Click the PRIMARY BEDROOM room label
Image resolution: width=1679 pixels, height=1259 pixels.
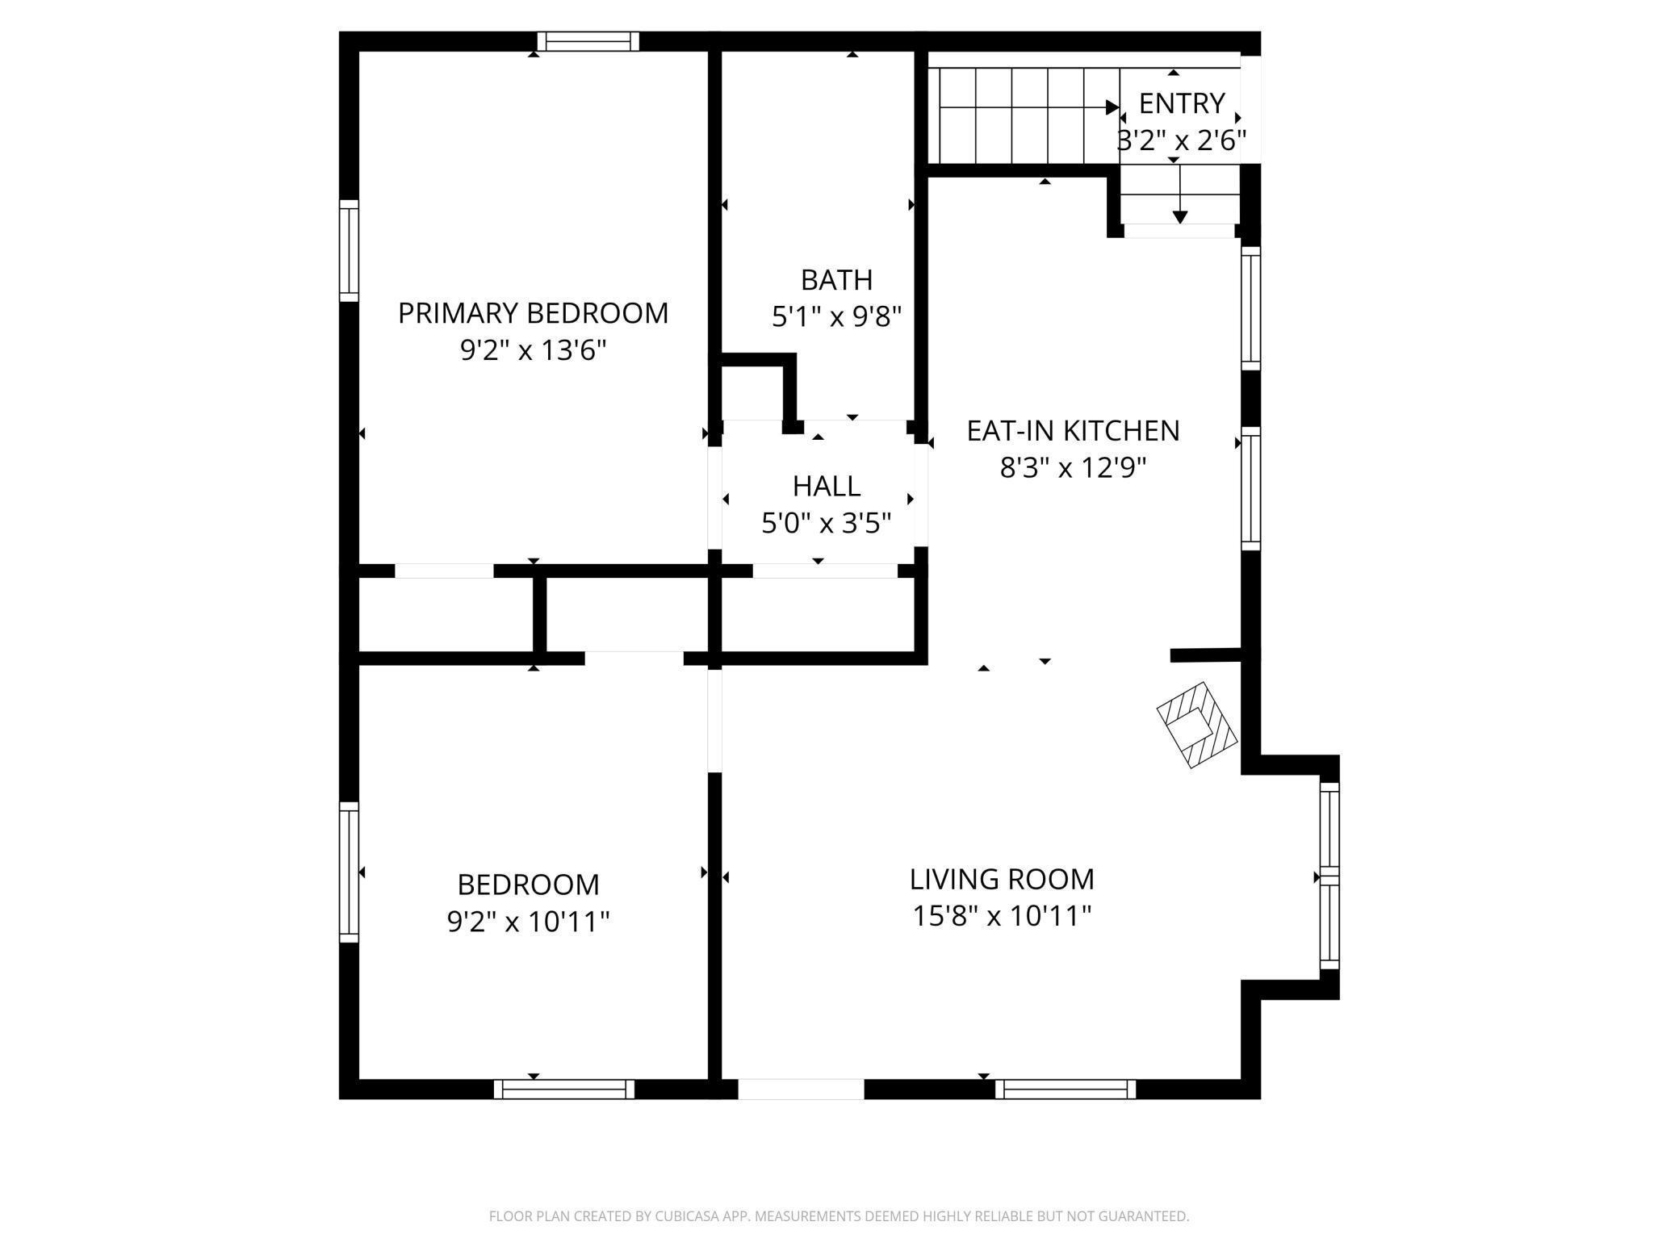(533, 313)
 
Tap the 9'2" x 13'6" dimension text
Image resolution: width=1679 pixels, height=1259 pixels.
(533, 350)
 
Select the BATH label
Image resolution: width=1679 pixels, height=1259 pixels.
(836, 280)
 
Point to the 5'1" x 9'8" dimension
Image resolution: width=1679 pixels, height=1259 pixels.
(836, 317)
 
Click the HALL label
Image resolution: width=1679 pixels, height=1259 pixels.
(826, 487)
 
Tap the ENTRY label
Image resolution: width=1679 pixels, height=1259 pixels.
(1182, 103)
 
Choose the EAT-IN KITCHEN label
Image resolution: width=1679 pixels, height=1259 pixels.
(1073, 431)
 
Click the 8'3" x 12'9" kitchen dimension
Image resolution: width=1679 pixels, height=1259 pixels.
(1073, 468)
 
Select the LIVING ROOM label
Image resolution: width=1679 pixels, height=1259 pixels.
(1002, 879)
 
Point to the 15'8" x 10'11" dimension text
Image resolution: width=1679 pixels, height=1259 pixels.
(1002, 916)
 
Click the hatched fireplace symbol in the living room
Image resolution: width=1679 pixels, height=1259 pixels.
(1196, 725)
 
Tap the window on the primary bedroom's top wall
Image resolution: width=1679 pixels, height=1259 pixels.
(588, 41)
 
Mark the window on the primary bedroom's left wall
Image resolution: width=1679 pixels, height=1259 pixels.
(349, 250)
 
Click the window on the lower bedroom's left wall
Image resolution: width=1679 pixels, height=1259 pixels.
(349, 872)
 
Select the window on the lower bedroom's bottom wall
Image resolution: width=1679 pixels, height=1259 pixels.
(564, 1089)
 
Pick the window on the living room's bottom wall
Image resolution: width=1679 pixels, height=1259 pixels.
(1066, 1089)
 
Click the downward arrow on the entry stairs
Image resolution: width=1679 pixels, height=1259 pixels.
(1180, 194)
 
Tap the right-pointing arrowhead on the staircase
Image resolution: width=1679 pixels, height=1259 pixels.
(1112, 107)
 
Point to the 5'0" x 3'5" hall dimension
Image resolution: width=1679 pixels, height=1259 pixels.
(826, 524)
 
